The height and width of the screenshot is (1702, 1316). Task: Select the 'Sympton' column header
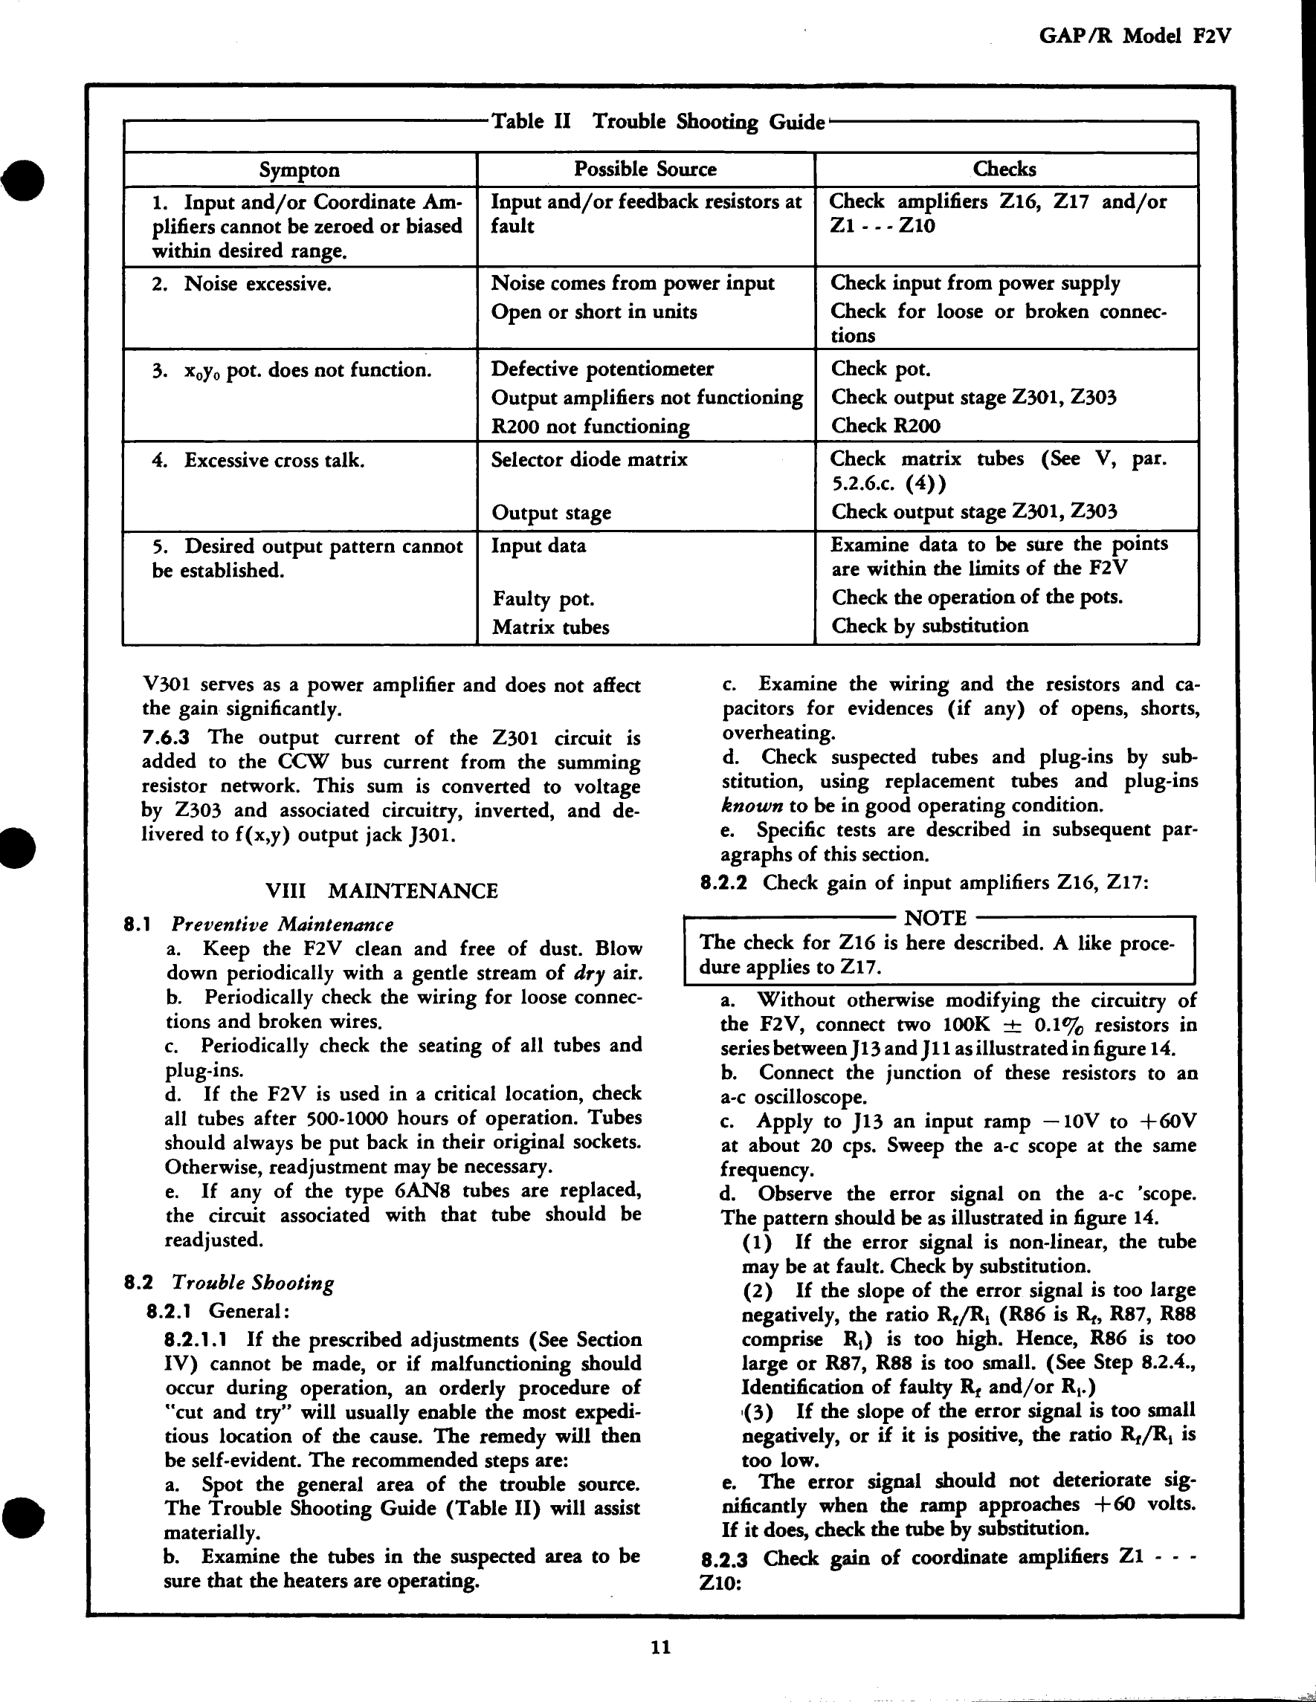point(300,170)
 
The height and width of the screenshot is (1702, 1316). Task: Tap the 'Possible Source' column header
point(645,169)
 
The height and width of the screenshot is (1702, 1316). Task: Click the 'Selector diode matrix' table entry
point(589,460)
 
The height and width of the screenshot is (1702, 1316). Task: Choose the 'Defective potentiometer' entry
point(602,369)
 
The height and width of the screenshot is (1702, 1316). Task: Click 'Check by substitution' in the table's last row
point(929,626)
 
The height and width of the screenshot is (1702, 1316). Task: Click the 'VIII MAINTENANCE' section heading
point(381,890)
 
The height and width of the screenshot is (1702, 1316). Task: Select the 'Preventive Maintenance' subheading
point(283,925)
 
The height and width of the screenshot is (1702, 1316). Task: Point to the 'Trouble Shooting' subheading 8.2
point(253,1283)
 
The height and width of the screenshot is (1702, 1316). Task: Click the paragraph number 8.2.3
point(724,1559)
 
